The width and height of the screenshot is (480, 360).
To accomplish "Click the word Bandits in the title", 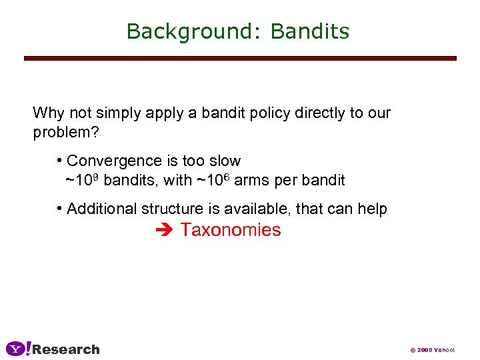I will tap(310, 31).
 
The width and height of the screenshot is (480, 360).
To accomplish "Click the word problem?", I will tap(66, 132).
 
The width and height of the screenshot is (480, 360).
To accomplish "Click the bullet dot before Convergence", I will tap(60, 161).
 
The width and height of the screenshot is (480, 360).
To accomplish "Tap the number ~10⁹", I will tap(83, 179).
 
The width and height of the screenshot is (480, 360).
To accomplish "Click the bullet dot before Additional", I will tap(60, 209).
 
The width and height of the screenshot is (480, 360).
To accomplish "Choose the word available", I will tap(256, 209).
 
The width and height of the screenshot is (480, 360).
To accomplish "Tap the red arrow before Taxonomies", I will tap(164, 231).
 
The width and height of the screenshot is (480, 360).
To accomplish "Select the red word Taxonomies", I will tap(231, 231).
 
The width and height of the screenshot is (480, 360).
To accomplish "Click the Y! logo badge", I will tap(18, 349).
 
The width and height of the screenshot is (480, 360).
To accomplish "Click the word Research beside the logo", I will tap(66, 349).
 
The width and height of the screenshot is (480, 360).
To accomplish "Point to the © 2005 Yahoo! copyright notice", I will tap(432, 350).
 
